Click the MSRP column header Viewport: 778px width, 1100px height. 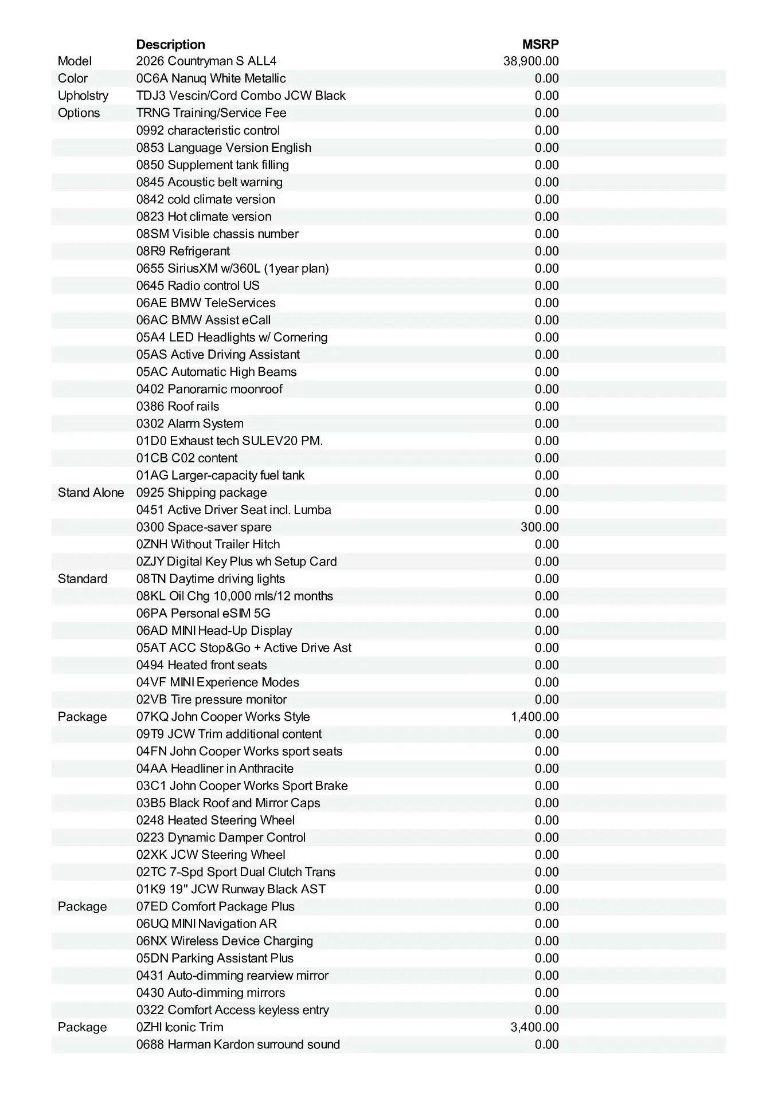point(540,44)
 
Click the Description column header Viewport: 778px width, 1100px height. point(170,44)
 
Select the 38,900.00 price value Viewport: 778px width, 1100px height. point(531,61)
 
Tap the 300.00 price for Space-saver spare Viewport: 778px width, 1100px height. point(539,527)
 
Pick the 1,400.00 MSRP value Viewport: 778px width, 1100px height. point(535,717)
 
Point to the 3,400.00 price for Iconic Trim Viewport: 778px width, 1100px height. point(535,1027)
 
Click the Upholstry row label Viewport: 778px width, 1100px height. point(83,96)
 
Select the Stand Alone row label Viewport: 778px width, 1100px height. point(91,493)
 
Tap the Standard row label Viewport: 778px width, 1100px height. point(83,579)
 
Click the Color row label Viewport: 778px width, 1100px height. point(73,78)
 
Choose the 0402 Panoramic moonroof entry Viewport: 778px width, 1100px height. point(209,389)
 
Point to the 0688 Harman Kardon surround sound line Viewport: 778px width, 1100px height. point(238,1044)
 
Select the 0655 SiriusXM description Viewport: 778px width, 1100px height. point(232,268)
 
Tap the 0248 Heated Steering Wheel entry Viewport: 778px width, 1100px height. point(216,820)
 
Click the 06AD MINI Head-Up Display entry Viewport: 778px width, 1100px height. point(214,631)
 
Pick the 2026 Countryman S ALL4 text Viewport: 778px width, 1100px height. point(206,61)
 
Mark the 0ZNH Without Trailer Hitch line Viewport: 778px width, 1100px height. point(208,544)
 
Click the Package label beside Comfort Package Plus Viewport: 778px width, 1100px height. point(83,906)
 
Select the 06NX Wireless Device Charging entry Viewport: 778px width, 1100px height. point(225,941)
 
